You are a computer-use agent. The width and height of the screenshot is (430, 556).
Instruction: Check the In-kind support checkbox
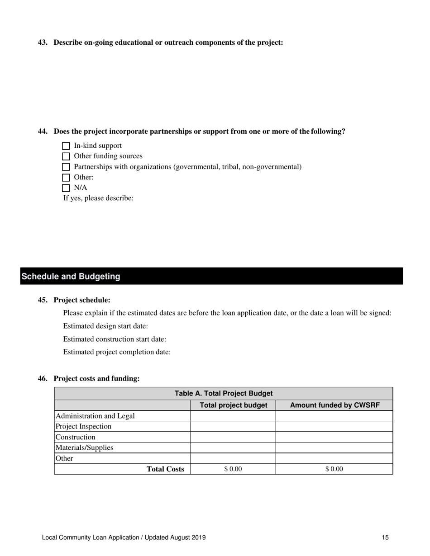pos(66,146)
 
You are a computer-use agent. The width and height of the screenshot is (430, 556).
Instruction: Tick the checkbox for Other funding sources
pos(66,156)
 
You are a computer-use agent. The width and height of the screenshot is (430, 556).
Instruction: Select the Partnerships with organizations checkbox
pos(66,167)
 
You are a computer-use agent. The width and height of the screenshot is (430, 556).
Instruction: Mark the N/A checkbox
pos(66,188)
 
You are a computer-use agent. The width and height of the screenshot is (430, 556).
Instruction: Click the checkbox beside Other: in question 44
pos(66,178)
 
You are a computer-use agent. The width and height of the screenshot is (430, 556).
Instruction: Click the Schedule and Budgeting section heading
pos(71,276)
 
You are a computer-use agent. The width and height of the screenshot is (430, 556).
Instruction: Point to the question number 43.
pos(43,42)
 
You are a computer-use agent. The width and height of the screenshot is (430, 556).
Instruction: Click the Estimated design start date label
pos(105,326)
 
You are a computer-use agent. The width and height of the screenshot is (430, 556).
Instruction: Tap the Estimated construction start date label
pos(115,339)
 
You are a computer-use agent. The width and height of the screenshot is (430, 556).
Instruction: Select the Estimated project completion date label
pos(117,352)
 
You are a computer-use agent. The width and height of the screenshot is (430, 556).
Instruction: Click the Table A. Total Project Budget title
pos(224,393)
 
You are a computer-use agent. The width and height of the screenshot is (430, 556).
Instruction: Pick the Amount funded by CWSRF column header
pos(334,405)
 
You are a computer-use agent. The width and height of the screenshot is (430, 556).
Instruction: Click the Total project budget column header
pos(233,405)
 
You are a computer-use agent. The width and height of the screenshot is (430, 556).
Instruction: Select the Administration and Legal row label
pos(95,416)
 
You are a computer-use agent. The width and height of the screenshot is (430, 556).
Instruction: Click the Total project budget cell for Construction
pos(233,437)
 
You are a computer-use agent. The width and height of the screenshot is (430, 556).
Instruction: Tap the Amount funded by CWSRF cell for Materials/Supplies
pos(334,448)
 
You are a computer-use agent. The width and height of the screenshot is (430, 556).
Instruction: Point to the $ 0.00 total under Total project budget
pos(233,469)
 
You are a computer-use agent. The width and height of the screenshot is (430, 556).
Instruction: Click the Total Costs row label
pos(165,469)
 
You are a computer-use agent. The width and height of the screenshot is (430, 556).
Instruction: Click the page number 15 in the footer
pos(385,537)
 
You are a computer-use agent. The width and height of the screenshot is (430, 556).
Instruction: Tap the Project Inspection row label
pos(83,426)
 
